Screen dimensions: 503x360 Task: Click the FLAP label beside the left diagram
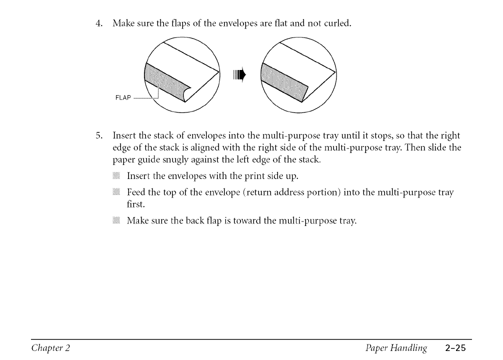click(122, 97)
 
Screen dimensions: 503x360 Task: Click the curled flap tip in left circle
click(186, 93)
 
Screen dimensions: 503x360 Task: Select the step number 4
click(99, 23)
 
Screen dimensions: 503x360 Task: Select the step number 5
click(99, 135)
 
